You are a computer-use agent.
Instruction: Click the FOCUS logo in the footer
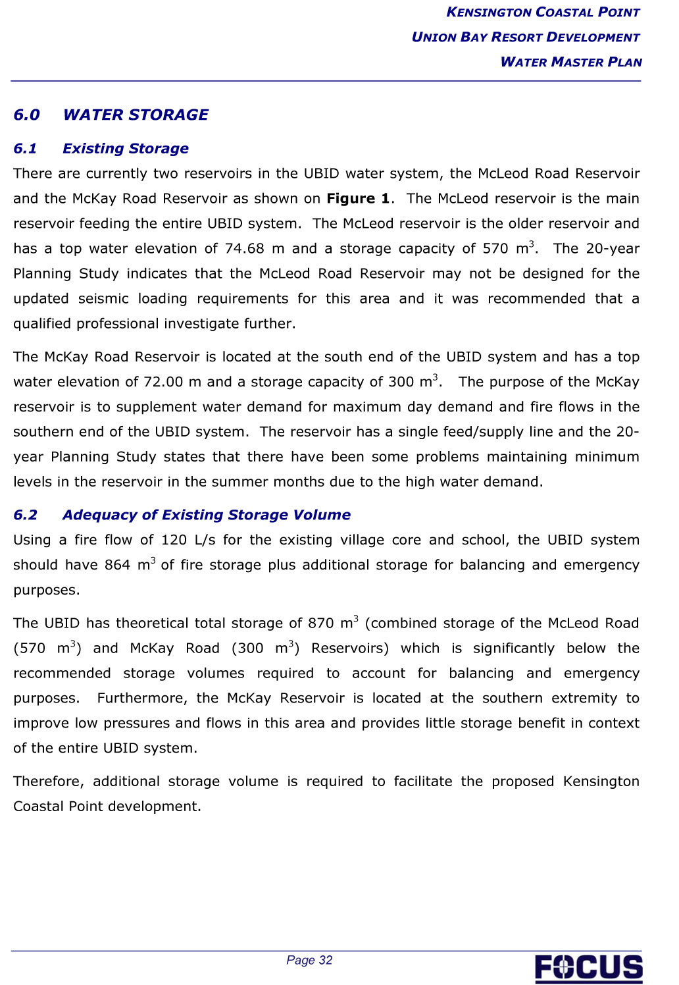(x=588, y=968)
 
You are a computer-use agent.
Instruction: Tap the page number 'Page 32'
(x=309, y=960)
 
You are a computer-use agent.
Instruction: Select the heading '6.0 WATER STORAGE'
(x=111, y=115)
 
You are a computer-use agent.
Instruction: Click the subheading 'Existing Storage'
(x=125, y=149)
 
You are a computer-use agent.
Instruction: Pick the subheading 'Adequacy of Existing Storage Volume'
(x=206, y=515)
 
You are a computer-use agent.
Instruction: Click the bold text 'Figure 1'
(x=358, y=199)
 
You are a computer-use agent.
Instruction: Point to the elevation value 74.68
(x=244, y=249)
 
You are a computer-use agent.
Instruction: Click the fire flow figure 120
(x=174, y=540)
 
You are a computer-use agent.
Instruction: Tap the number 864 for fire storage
(x=117, y=565)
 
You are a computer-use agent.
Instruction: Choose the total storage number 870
(x=320, y=623)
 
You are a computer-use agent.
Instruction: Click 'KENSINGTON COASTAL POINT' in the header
(x=543, y=13)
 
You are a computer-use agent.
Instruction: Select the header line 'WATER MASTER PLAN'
(x=570, y=62)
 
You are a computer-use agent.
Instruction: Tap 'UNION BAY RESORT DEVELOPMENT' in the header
(x=525, y=37)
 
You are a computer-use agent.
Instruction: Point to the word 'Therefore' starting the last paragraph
(x=47, y=782)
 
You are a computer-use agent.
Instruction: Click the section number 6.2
(x=26, y=515)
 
